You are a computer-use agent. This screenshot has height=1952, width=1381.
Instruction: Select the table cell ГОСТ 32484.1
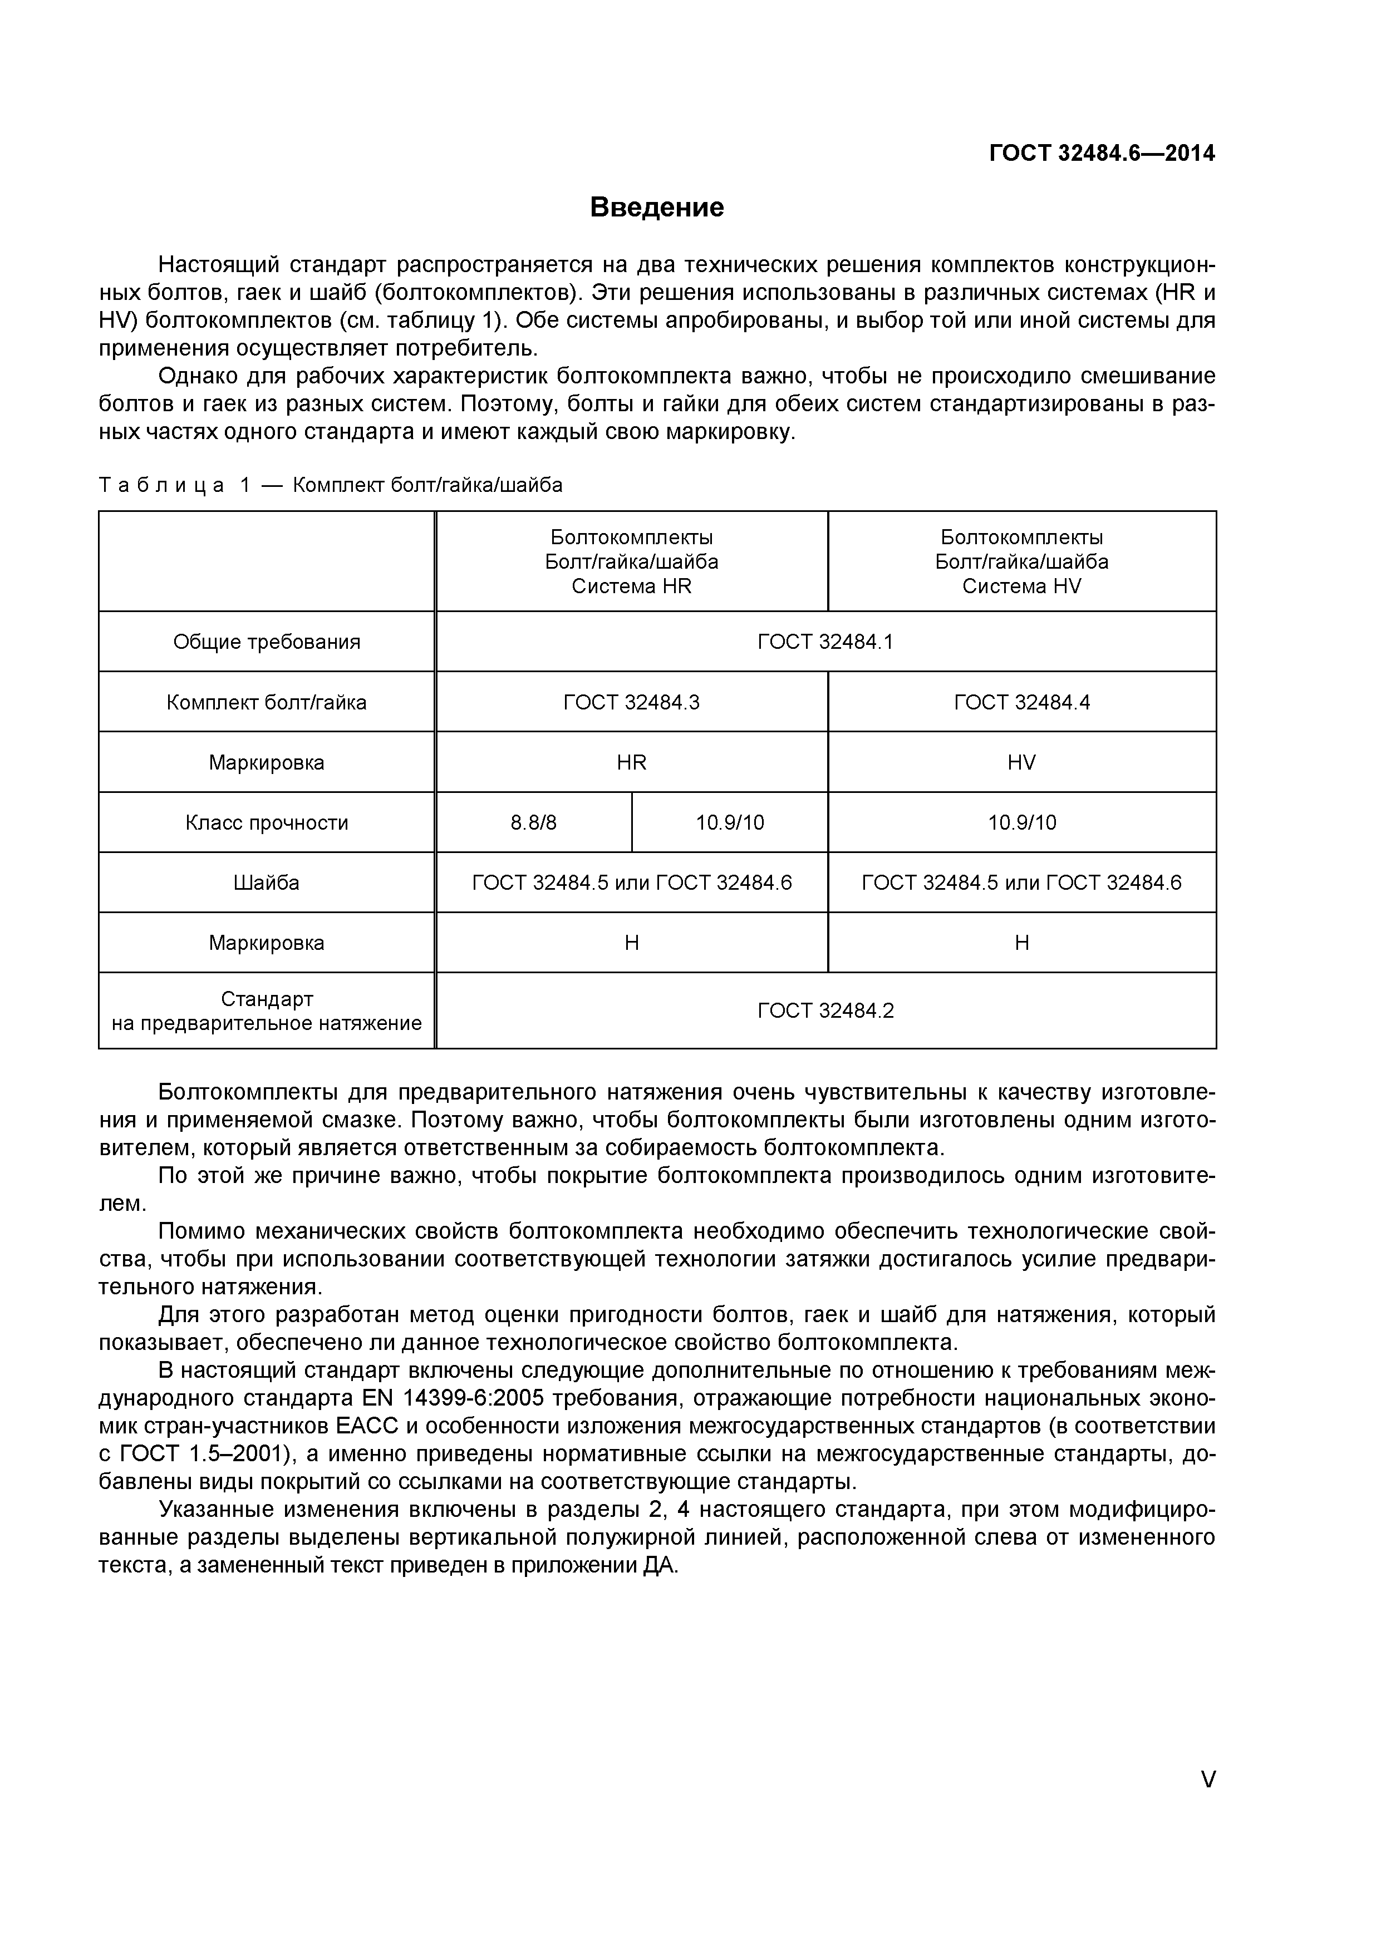(x=825, y=642)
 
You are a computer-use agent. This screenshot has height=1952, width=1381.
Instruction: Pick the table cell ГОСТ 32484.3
(x=631, y=702)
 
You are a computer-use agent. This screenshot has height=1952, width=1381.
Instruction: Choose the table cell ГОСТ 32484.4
(x=1021, y=702)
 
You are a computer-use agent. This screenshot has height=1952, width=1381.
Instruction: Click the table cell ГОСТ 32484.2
(x=825, y=1011)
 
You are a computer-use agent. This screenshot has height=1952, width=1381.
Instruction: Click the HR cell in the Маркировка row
(x=631, y=763)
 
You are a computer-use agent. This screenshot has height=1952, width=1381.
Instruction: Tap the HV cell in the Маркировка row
(x=1021, y=763)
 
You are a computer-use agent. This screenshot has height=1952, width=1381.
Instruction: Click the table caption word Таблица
(x=161, y=485)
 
